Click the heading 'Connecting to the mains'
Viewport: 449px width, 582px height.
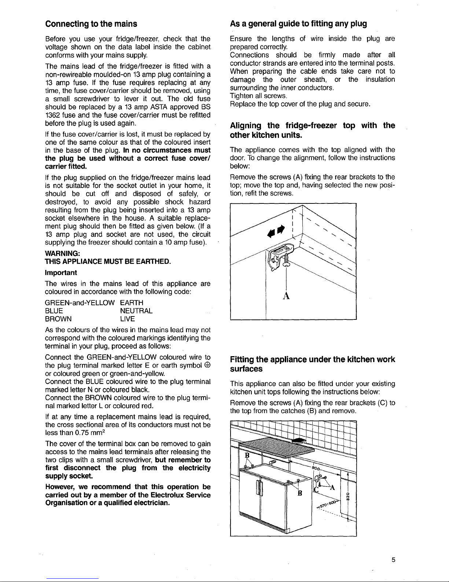click(x=91, y=24)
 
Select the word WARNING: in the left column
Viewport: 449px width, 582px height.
click(x=60, y=254)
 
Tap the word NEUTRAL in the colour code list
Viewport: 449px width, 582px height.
click(x=136, y=311)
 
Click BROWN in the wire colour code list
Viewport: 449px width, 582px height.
click(x=58, y=319)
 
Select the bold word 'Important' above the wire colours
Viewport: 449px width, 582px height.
click(x=61, y=272)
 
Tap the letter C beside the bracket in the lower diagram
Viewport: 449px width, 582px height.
click(x=316, y=490)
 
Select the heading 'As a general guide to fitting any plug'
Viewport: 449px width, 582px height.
click(x=298, y=24)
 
